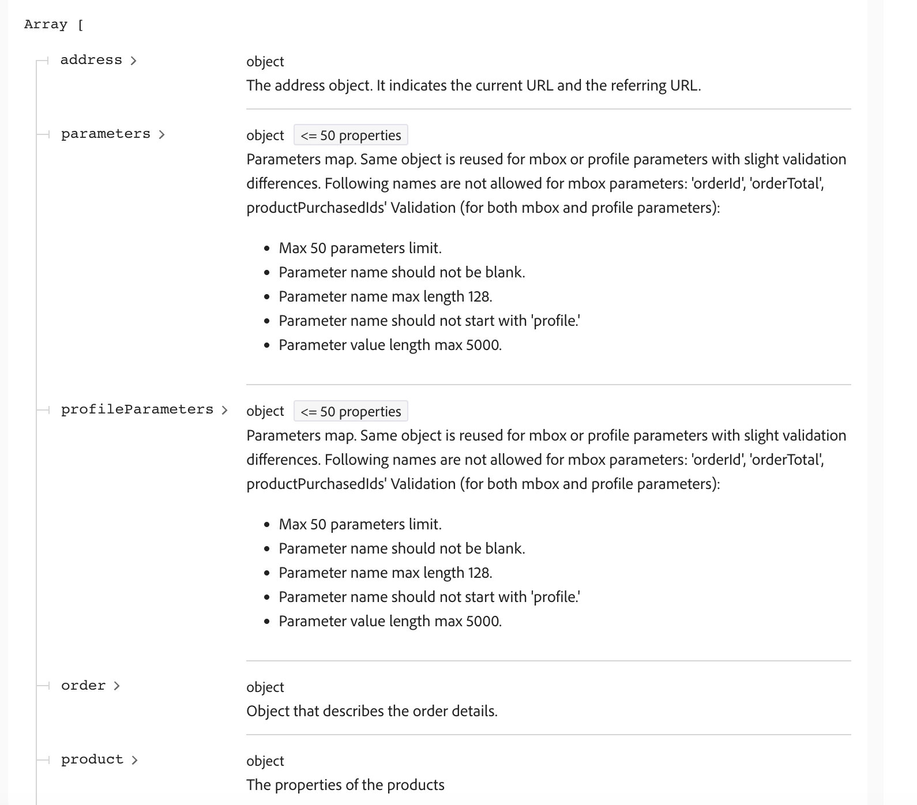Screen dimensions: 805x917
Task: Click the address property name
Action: [x=91, y=60]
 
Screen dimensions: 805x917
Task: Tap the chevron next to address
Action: [x=134, y=61]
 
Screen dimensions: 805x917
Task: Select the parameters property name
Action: [x=106, y=134]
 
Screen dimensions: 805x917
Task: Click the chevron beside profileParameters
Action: [x=224, y=410]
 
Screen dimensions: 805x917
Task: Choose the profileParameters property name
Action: [x=137, y=409]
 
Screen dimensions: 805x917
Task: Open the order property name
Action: [x=84, y=686]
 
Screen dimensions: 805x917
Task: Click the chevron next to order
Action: [x=117, y=686]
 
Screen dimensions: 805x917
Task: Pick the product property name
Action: [x=92, y=759]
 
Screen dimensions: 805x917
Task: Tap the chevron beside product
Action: [x=134, y=760]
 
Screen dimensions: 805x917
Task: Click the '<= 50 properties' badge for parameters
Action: [x=351, y=136]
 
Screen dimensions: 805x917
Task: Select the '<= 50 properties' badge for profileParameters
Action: [x=351, y=412]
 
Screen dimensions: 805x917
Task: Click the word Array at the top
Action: [x=46, y=24]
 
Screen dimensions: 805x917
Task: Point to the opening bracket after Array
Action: [x=80, y=25]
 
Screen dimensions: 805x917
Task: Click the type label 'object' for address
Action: [x=265, y=62]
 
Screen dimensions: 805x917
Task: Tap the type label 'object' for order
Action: [x=265, y=687]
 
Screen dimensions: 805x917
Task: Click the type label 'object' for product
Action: [x=265, y=761]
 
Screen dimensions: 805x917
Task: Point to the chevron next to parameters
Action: [x=161, y=134]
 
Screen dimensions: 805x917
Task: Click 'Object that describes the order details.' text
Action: [x=372, y=711]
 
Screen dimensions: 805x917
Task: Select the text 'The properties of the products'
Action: [x=345, y=785]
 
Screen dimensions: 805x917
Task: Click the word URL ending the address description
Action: [x=685, y=85]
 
